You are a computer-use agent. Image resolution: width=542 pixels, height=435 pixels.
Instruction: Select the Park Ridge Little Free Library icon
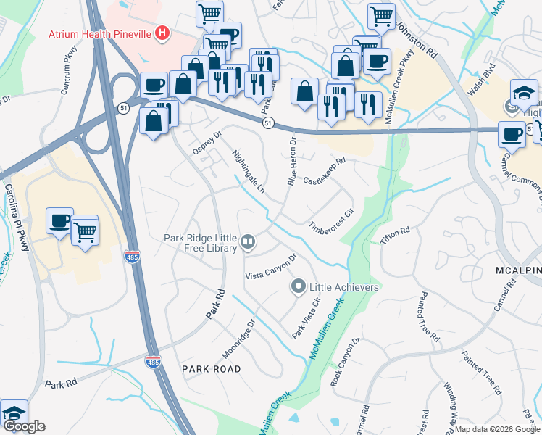click(249, 242)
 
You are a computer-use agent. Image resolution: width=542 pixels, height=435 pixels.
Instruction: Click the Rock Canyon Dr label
click(345, 362)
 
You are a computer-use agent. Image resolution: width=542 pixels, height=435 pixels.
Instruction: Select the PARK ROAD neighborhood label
click(212, 369)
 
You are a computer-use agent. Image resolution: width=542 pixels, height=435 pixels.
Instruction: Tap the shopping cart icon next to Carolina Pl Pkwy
click(86, 231)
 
